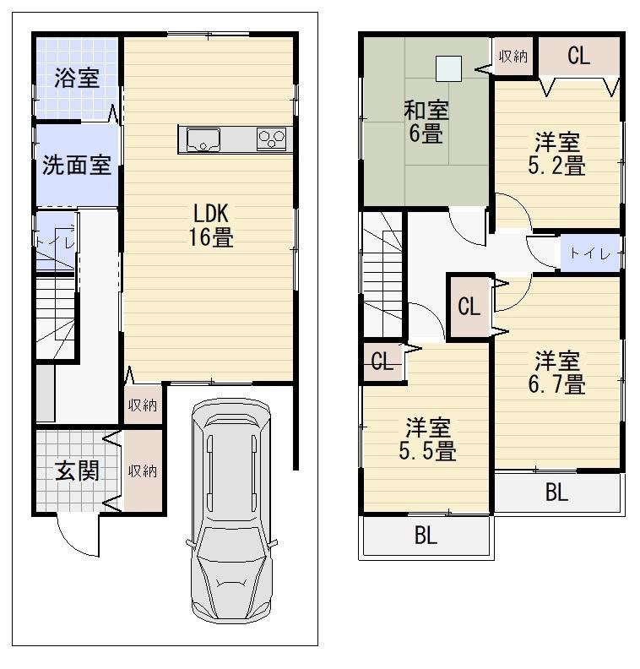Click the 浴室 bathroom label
(x=77, y=78)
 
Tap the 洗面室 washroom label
(x=77, y=165)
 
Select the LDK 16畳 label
(x=211, y=225)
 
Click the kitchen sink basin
(x=203, y=139)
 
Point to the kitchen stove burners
(x=271, y=139)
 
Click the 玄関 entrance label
(x=77, y=470)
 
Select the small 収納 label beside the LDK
(x=143, y=405)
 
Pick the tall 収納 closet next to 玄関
(x=143, y=470)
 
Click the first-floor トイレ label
(x=56, y=242)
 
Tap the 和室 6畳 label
(x=426, y=122)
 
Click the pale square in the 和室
(x=448, y=68)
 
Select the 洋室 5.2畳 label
(x=557, y=154)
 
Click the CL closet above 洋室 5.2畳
(x=578, y=56)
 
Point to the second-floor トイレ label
(x=590, y=254)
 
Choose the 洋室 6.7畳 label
(x=557, y=373)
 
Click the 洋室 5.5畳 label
(x=428, y=439)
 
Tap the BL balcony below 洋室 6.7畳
(x=557, y=492)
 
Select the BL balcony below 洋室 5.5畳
(x=426, y=535)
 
